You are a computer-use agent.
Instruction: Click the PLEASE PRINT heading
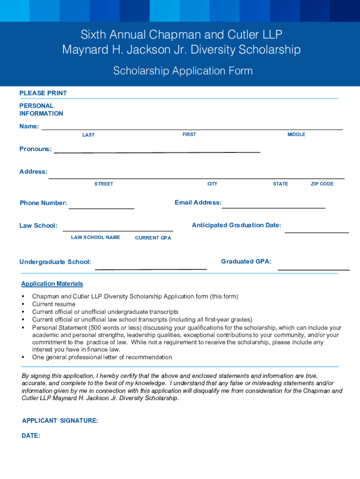(43, 93)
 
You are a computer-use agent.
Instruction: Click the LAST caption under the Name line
(88, 135)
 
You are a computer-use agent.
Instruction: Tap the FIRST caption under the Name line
(189, 134)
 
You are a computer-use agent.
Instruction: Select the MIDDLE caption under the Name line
(296, 134)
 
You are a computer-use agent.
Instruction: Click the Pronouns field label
(36, 149)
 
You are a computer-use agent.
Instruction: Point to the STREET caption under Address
(104, 184)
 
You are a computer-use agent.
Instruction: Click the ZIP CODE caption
(322, 184)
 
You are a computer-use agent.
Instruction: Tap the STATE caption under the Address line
(281, 184)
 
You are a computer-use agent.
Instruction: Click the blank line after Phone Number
(101, 205)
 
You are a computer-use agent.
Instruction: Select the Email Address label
(198, 203)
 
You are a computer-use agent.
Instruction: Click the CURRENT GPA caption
(153, 238)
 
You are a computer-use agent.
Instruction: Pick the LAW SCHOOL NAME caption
(95, 237)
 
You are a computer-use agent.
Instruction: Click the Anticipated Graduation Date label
(237, 225)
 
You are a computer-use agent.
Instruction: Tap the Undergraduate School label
(55, 262)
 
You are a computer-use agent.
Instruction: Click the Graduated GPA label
(246, 261)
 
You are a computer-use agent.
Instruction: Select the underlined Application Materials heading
(52, 283)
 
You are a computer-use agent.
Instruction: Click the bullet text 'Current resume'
(54, 304)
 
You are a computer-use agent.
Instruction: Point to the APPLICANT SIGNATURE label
(60, 421)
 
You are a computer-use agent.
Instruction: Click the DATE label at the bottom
(31, 435)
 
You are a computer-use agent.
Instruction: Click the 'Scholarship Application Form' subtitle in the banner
(183, 71)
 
